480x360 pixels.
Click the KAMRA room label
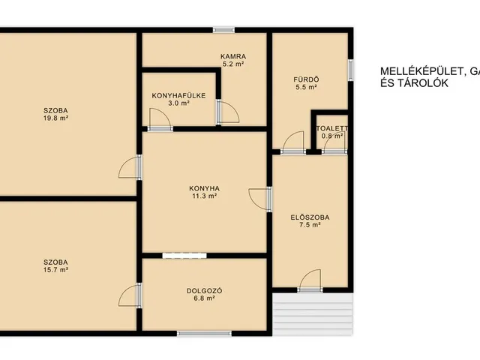[233, 57]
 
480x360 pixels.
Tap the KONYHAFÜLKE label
[178, 96]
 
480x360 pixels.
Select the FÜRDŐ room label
[306, 79]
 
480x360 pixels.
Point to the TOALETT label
[332, 129]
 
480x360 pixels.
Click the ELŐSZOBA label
[310, 217]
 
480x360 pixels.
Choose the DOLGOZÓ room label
[204, 291]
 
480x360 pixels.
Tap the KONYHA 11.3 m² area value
[204, 196]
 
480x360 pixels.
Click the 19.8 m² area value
[55, 118]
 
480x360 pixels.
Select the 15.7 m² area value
[55, 270]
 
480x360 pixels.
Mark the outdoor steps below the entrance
[313, 314]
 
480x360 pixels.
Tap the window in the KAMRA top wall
[223, 30]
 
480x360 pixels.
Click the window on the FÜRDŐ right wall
[351, 70]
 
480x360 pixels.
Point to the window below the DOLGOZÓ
[204, 333]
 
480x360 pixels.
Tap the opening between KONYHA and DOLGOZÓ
[184, 256]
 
